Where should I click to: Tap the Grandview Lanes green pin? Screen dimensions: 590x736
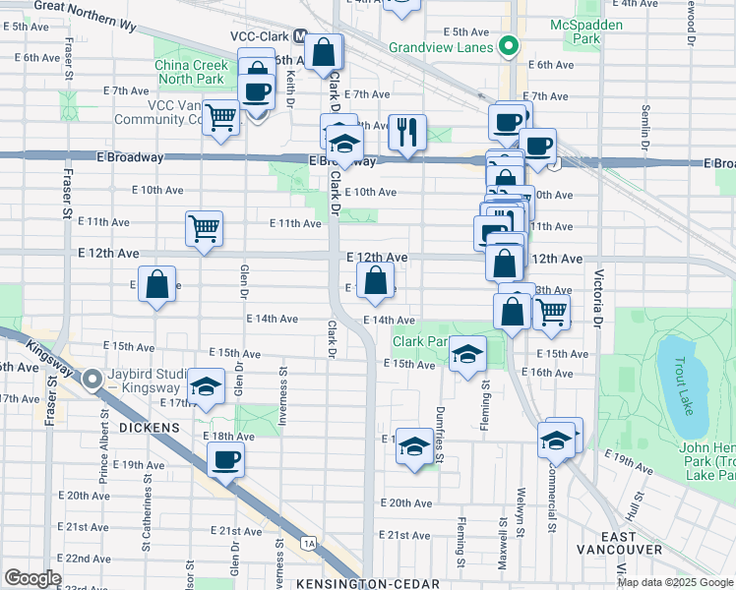point(509,46)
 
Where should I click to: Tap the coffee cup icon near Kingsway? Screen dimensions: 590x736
point(225,459)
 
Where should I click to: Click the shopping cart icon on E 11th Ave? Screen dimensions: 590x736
point(204,228)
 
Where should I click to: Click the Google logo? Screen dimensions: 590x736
point(32,578)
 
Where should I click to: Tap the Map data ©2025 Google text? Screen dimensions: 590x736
point(675,582)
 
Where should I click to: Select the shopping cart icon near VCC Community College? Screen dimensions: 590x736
point(221,117)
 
